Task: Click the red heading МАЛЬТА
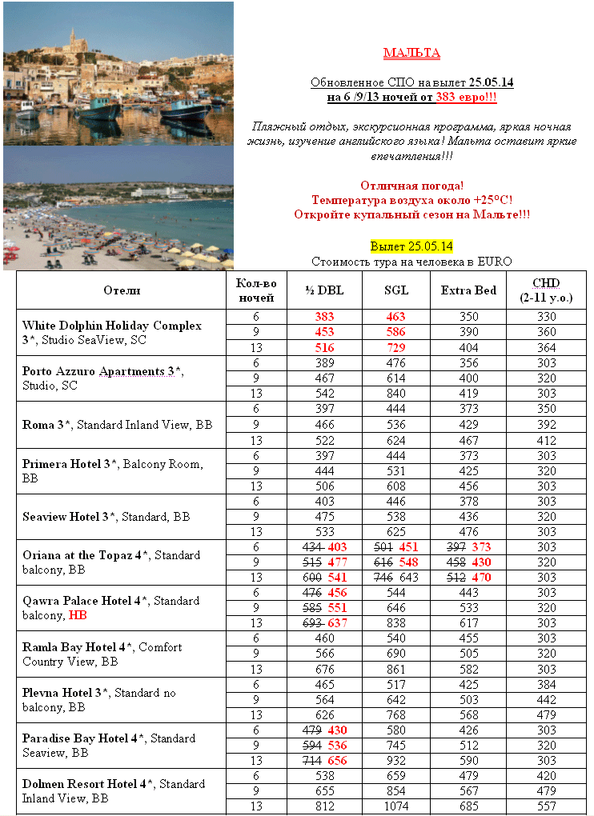[411, 54]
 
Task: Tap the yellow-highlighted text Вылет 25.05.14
[411, 246]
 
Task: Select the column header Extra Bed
[468, 290]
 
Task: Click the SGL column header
[396, 290]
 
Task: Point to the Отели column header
[122, 290]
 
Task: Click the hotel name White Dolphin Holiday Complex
[111, 326]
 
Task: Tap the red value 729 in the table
[396, 347]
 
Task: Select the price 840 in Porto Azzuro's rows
[396, 394]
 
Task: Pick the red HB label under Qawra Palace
[78, 615]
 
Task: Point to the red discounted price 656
[338, 759]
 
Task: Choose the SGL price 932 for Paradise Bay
[396, 759]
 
